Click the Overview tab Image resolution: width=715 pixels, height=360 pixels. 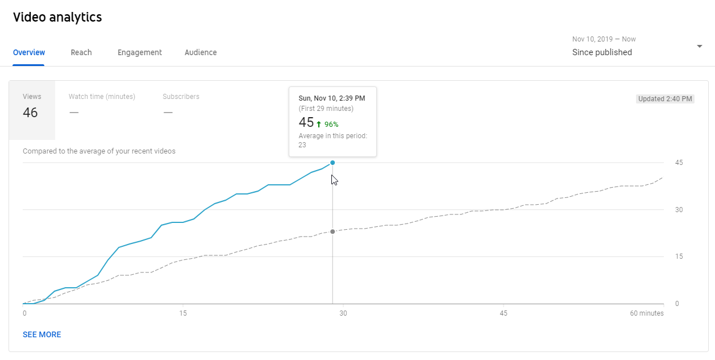click(29, 52)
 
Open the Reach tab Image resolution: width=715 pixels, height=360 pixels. click(81, 52)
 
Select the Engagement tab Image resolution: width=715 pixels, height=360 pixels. click(140, 52)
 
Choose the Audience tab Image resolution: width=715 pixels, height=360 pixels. click(201, 52)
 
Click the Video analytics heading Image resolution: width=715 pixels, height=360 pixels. click(57, 17)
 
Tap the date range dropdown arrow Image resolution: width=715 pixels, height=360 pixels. click(700, 46)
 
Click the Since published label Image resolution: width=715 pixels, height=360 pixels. click(602, 52)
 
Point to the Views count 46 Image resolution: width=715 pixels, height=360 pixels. click(30, 113)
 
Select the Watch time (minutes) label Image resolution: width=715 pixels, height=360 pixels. click(102, 97)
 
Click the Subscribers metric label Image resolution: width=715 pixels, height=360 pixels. click(181, 97)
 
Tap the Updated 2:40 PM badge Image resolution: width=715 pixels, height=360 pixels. click(665, 99)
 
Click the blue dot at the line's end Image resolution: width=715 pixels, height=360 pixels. click(332, 163)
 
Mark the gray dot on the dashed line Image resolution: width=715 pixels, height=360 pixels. click(332, 231)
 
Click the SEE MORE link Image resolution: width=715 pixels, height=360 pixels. click(42, 334)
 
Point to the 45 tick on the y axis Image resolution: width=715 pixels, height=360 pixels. click(679, 163)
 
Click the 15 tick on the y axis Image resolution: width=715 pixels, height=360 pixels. click(679, 256)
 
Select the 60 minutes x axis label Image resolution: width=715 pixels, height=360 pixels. click(646, 313)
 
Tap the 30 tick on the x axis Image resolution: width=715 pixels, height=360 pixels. click(343, 313)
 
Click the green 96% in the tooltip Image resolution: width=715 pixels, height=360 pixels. click(331, 124)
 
